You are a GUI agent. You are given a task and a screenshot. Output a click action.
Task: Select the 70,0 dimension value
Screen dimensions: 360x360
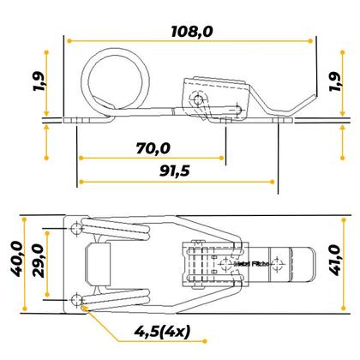(152, 148)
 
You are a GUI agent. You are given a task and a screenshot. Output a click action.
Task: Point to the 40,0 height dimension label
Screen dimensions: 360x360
(13, 262)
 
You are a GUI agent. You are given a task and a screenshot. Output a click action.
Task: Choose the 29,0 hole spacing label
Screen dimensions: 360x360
(39, 262)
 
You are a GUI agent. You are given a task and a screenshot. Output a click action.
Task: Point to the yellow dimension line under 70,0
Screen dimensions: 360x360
(152, 159)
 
